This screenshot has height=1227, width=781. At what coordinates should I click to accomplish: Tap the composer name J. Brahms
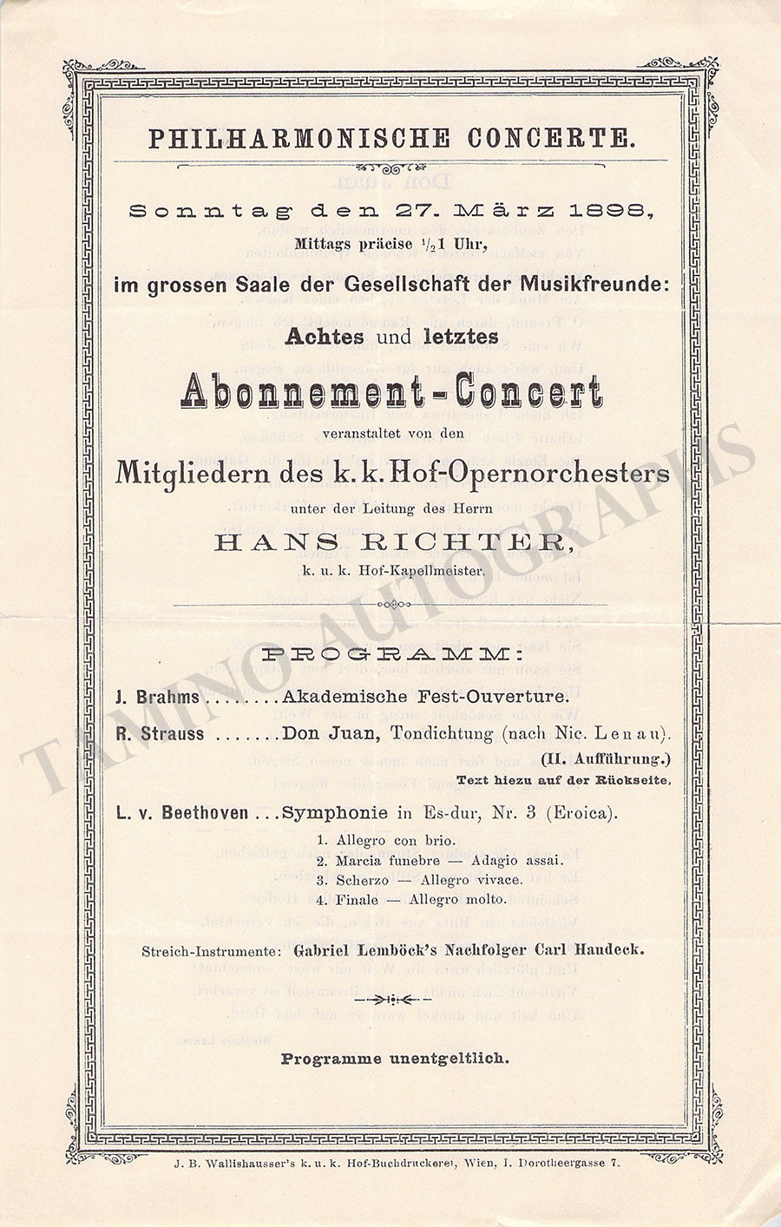pos(157,697)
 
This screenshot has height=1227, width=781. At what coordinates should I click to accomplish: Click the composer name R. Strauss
pos(161,733)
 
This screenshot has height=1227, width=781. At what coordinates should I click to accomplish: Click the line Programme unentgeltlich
pos(395,1059)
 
